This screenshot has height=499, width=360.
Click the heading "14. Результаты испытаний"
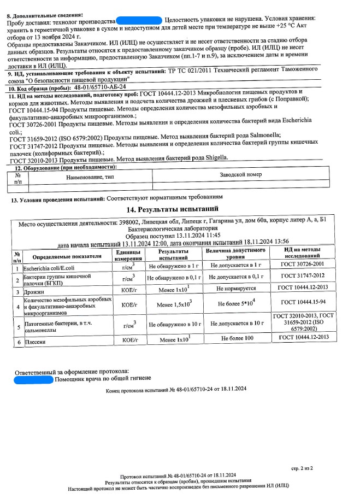tap(173, 209)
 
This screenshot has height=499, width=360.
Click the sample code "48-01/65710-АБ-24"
tap(100, 87)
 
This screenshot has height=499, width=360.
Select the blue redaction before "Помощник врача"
tap(33, 379)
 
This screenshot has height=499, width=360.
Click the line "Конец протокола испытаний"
tap(176, 389)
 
